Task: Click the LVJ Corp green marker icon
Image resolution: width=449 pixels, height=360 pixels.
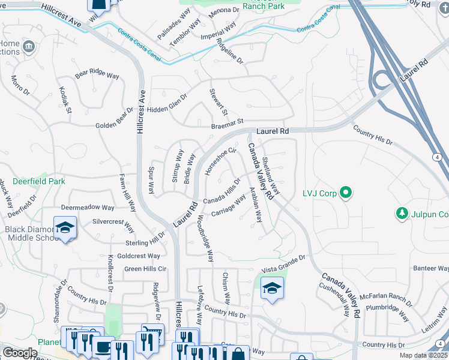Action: coord(345,193)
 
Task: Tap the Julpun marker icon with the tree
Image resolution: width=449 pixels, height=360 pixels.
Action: coord(402,214)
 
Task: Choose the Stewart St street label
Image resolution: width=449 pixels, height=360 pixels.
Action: coord(218,103)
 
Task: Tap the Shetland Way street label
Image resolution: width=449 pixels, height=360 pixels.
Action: coord(271,175)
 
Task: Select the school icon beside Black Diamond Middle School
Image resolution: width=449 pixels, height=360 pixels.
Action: coord(65,228)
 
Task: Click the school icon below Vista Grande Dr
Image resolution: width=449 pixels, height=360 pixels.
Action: coord(272,287)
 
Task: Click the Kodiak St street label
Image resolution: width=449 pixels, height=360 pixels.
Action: coord(65,100)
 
